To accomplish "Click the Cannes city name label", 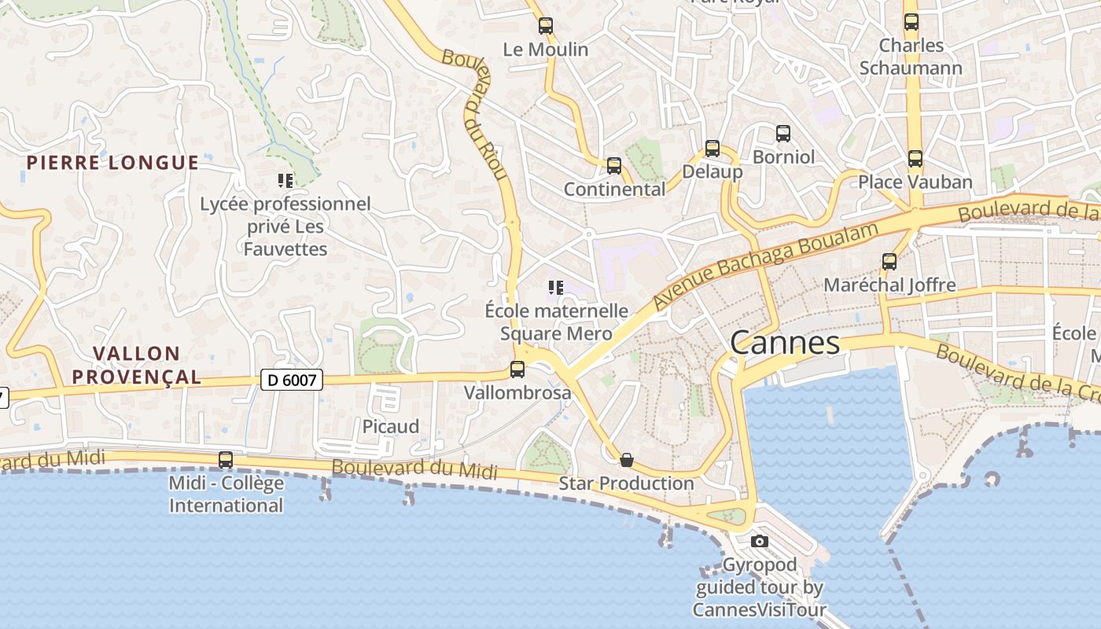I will (x=784, y=343).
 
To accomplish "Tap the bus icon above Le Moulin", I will (x=546, y=26).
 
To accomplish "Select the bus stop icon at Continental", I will (x=614, y=166).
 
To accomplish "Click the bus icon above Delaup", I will (x=713, y=148).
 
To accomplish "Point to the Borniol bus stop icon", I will (x=783, y=134).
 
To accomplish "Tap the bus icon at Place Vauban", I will (x=915, y=159).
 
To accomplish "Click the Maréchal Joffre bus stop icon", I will (x=889, y=262).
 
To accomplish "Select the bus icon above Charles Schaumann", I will (x=911, y=22).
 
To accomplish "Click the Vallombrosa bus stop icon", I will (x=517, y=369).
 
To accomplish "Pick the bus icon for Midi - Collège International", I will (x=226, y=459).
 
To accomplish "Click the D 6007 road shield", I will (x=292, y=381).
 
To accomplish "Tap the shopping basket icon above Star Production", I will (x=627, y=460).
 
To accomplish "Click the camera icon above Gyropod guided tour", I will (x=760, y=541).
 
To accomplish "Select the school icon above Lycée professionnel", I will (x=285, y=181).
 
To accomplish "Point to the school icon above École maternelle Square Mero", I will (x=556, y=288).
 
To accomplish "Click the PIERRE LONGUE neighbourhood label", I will (x=112, y=163).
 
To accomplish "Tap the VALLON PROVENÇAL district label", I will (x=137, y=365).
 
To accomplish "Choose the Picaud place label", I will (x=391, y=426).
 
